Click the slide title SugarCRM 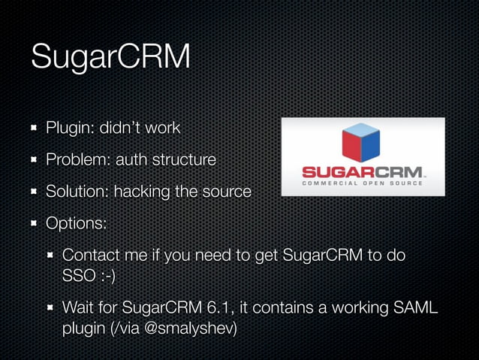110,58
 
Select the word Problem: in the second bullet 78,159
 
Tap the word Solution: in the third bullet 78,192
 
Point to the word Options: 76,223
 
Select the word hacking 141,192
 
